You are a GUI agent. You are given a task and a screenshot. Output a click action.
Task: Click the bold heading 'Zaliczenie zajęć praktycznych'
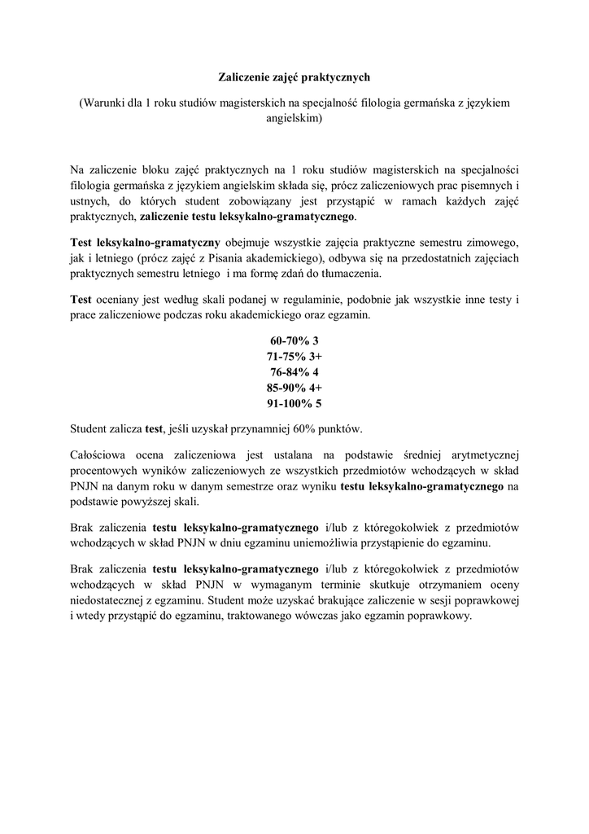(294, 77)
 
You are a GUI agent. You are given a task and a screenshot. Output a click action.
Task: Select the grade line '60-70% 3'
(294, 341)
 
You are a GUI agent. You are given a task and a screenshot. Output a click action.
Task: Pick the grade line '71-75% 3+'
(294, 357)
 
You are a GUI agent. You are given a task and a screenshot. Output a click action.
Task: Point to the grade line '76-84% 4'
(294, 372)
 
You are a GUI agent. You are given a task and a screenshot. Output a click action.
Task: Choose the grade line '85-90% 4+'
(294, 388)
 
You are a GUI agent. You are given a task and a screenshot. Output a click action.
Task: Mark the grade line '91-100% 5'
(294, 403)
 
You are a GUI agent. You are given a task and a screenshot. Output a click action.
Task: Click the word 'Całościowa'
(100, 452)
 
